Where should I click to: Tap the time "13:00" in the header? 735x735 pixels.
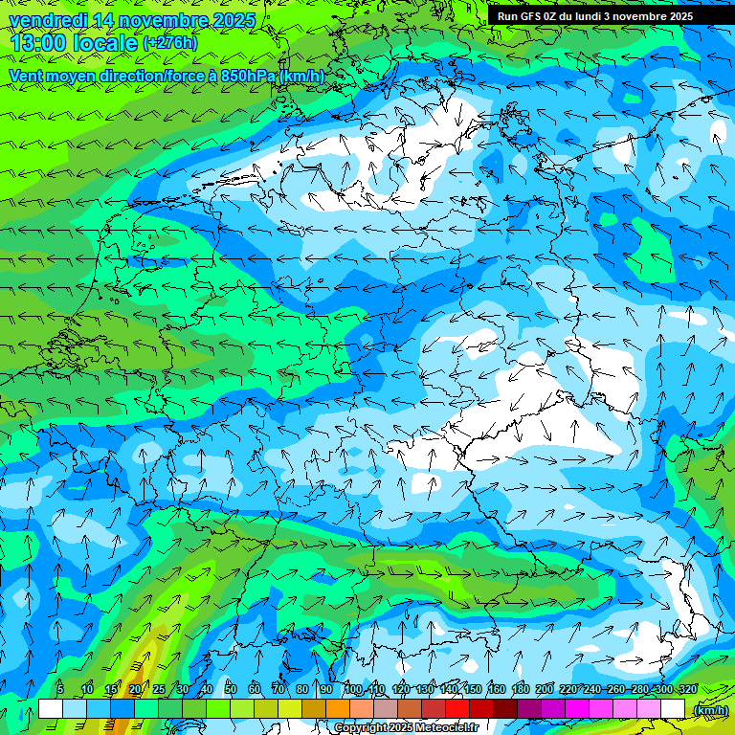pyautogui.click(x=39, y=43)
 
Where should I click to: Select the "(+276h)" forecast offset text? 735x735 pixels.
pyautogui.click(x=170, y=43)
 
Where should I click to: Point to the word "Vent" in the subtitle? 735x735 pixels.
pyautogui.click(x=27, y=76)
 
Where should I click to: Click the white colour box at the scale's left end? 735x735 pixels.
pyautogui.click(x=51, y=709)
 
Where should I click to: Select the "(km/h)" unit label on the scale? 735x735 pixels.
pyautogui.click(x=710, y=710)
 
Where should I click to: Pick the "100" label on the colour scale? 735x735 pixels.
pyautogui.click(x=353, y=689)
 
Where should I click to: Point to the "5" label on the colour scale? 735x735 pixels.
pyautogui.click(x=60, y=689)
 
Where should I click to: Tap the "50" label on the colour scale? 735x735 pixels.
pyautogui.click(x=231, y=689)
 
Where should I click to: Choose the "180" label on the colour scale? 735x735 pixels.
pyautogui.click(x=521, y=689)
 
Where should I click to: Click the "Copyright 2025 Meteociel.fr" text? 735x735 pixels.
pyautogui.click(x=406, y=727)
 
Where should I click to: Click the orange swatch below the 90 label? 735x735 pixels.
pyautogui.click(x=338, y=709)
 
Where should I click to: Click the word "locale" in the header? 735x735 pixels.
pyautogui.click(x=110, y=43)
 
